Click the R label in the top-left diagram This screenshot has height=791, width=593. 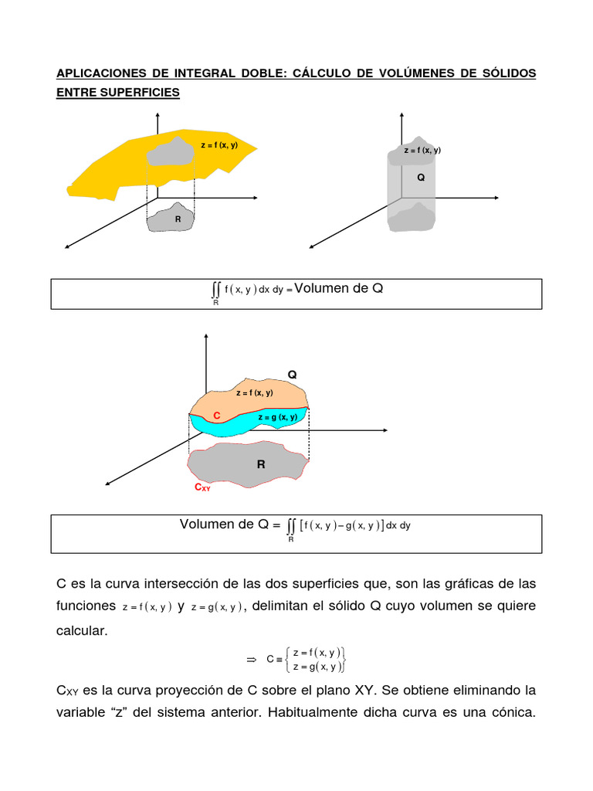pyautogui.click(x=178, y=219)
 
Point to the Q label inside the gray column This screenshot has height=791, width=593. pyautogui.click(x=421, y=177)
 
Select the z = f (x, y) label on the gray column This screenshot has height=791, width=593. pyautogui.click(x=422, y=151)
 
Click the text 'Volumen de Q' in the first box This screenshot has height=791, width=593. pyautogui.click(x=339, y=289)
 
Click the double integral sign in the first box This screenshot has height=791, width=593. pyautogui.click(x=215, y=290)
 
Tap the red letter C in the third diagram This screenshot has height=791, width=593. pyautogui.click(x=217, y=416)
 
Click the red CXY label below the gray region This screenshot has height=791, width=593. pyautogui.click(x=202, y=488)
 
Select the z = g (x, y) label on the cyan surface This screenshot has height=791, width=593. pyautogui.click(x=278, y=417)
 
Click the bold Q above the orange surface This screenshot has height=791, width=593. pyautogui.click(x=292, y=375)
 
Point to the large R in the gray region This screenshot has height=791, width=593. pyautogui.click(x=261, y=465)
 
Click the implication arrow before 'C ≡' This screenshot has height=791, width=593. pyautogui.click(x=250, y=659)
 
